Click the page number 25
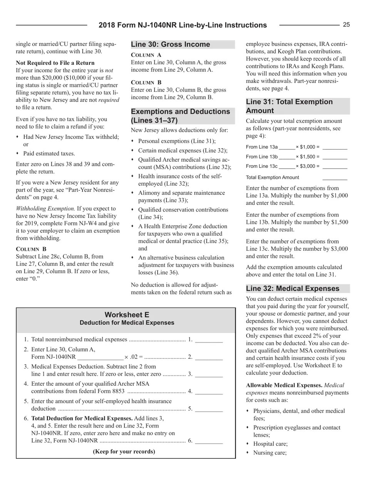[346, 25]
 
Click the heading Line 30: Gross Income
[171, 44]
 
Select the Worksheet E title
[127, 315]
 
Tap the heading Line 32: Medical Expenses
[292, 289]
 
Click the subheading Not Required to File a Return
[55, 63]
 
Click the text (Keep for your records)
[124, 451]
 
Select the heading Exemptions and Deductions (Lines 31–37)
[180, 116]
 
